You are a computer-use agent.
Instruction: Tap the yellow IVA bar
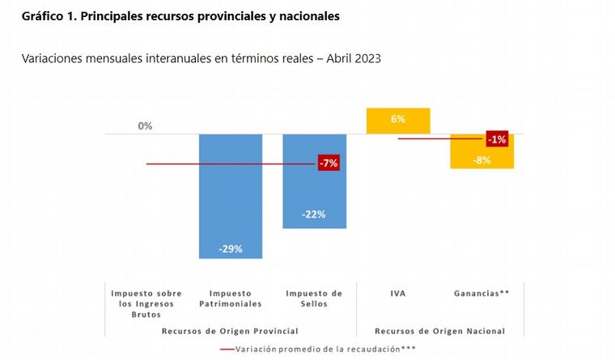(x=398, y=120)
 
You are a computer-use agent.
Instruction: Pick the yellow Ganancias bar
(x=482, y=154)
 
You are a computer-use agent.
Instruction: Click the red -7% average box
(x=329, y=163)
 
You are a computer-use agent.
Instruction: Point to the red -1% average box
(x=497, y=139)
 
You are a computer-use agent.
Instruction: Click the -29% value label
(x=231, y=248)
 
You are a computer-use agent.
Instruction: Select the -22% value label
(x=315, y=214)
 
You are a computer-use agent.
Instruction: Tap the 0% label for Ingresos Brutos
(x=145, y=126)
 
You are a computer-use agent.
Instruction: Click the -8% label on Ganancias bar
(x=482, y=160)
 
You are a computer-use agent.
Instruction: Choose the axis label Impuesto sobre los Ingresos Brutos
(x=146, y=303)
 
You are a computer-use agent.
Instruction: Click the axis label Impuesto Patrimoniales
(x=230, y=299)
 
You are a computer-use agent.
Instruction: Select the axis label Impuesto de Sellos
(x=314, y=299)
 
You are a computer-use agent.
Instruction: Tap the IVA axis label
(x=398, y=293)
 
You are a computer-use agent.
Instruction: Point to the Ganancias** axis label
(x=482, y=293)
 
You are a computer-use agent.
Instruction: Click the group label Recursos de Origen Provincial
(x=230, y=331)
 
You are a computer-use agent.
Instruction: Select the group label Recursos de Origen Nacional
(x=440, y=331)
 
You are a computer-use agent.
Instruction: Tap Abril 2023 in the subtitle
(x=353, y=59)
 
